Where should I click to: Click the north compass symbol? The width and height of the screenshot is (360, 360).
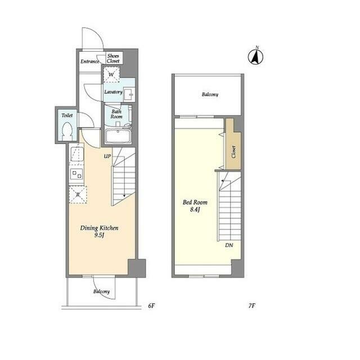[256, 56]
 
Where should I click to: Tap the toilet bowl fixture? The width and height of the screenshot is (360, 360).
[67, 131]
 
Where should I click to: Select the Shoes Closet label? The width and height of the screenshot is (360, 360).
[113, 58]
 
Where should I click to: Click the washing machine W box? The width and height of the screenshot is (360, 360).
[111, 74]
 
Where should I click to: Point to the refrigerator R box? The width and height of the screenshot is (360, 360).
[78, 195]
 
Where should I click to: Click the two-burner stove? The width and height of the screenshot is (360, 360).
[77, 174]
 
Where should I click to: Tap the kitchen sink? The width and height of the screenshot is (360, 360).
[77, 154]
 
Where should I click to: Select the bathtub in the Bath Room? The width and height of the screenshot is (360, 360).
[118, 136]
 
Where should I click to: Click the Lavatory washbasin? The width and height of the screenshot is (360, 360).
[129, 94]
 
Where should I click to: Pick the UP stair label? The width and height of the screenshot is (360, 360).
[107, 156]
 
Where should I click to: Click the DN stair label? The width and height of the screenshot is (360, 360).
[229, 245]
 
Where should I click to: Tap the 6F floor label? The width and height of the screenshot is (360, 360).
[151, 306]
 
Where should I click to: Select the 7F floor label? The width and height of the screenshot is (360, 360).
[252, 306]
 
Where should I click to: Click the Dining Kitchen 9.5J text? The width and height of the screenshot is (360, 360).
[99, 231]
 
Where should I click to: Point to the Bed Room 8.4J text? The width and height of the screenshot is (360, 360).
[195, 206]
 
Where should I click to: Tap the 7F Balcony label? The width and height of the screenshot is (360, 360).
[210, 94]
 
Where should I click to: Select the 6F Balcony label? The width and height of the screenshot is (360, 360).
[101, 291]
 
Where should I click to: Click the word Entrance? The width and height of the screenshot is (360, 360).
[90, 61]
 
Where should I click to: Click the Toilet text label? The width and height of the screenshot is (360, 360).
[67, 115]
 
